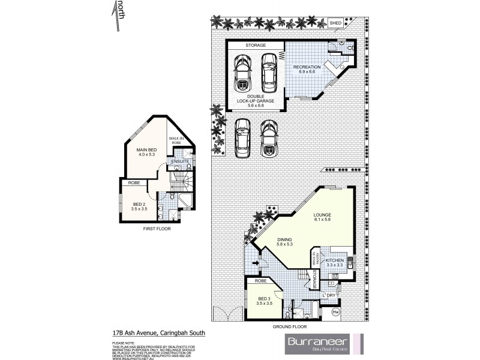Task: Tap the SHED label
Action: pos(336,23)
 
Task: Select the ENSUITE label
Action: pos(180,162)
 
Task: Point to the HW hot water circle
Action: pos(335,312)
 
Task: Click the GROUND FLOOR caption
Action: pos(289,327)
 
